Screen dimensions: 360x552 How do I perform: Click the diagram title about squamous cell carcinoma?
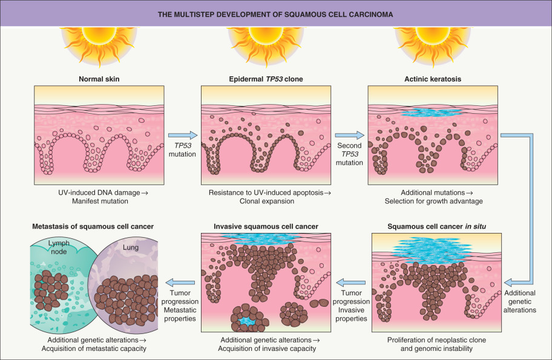tap(275, 13)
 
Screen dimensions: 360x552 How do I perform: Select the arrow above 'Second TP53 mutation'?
tap(350, 136)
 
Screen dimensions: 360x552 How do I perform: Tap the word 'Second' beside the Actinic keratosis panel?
tap(350, 146)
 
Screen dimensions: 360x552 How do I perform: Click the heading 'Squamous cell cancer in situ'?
tap(435, 226)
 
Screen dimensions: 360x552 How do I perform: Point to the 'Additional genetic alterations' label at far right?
tap(521, 301)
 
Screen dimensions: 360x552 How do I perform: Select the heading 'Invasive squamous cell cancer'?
tap(266, 226)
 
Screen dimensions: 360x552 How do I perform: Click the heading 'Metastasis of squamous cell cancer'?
tap(92, 226)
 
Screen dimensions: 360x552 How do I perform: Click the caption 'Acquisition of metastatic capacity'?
tap(93, 349)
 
